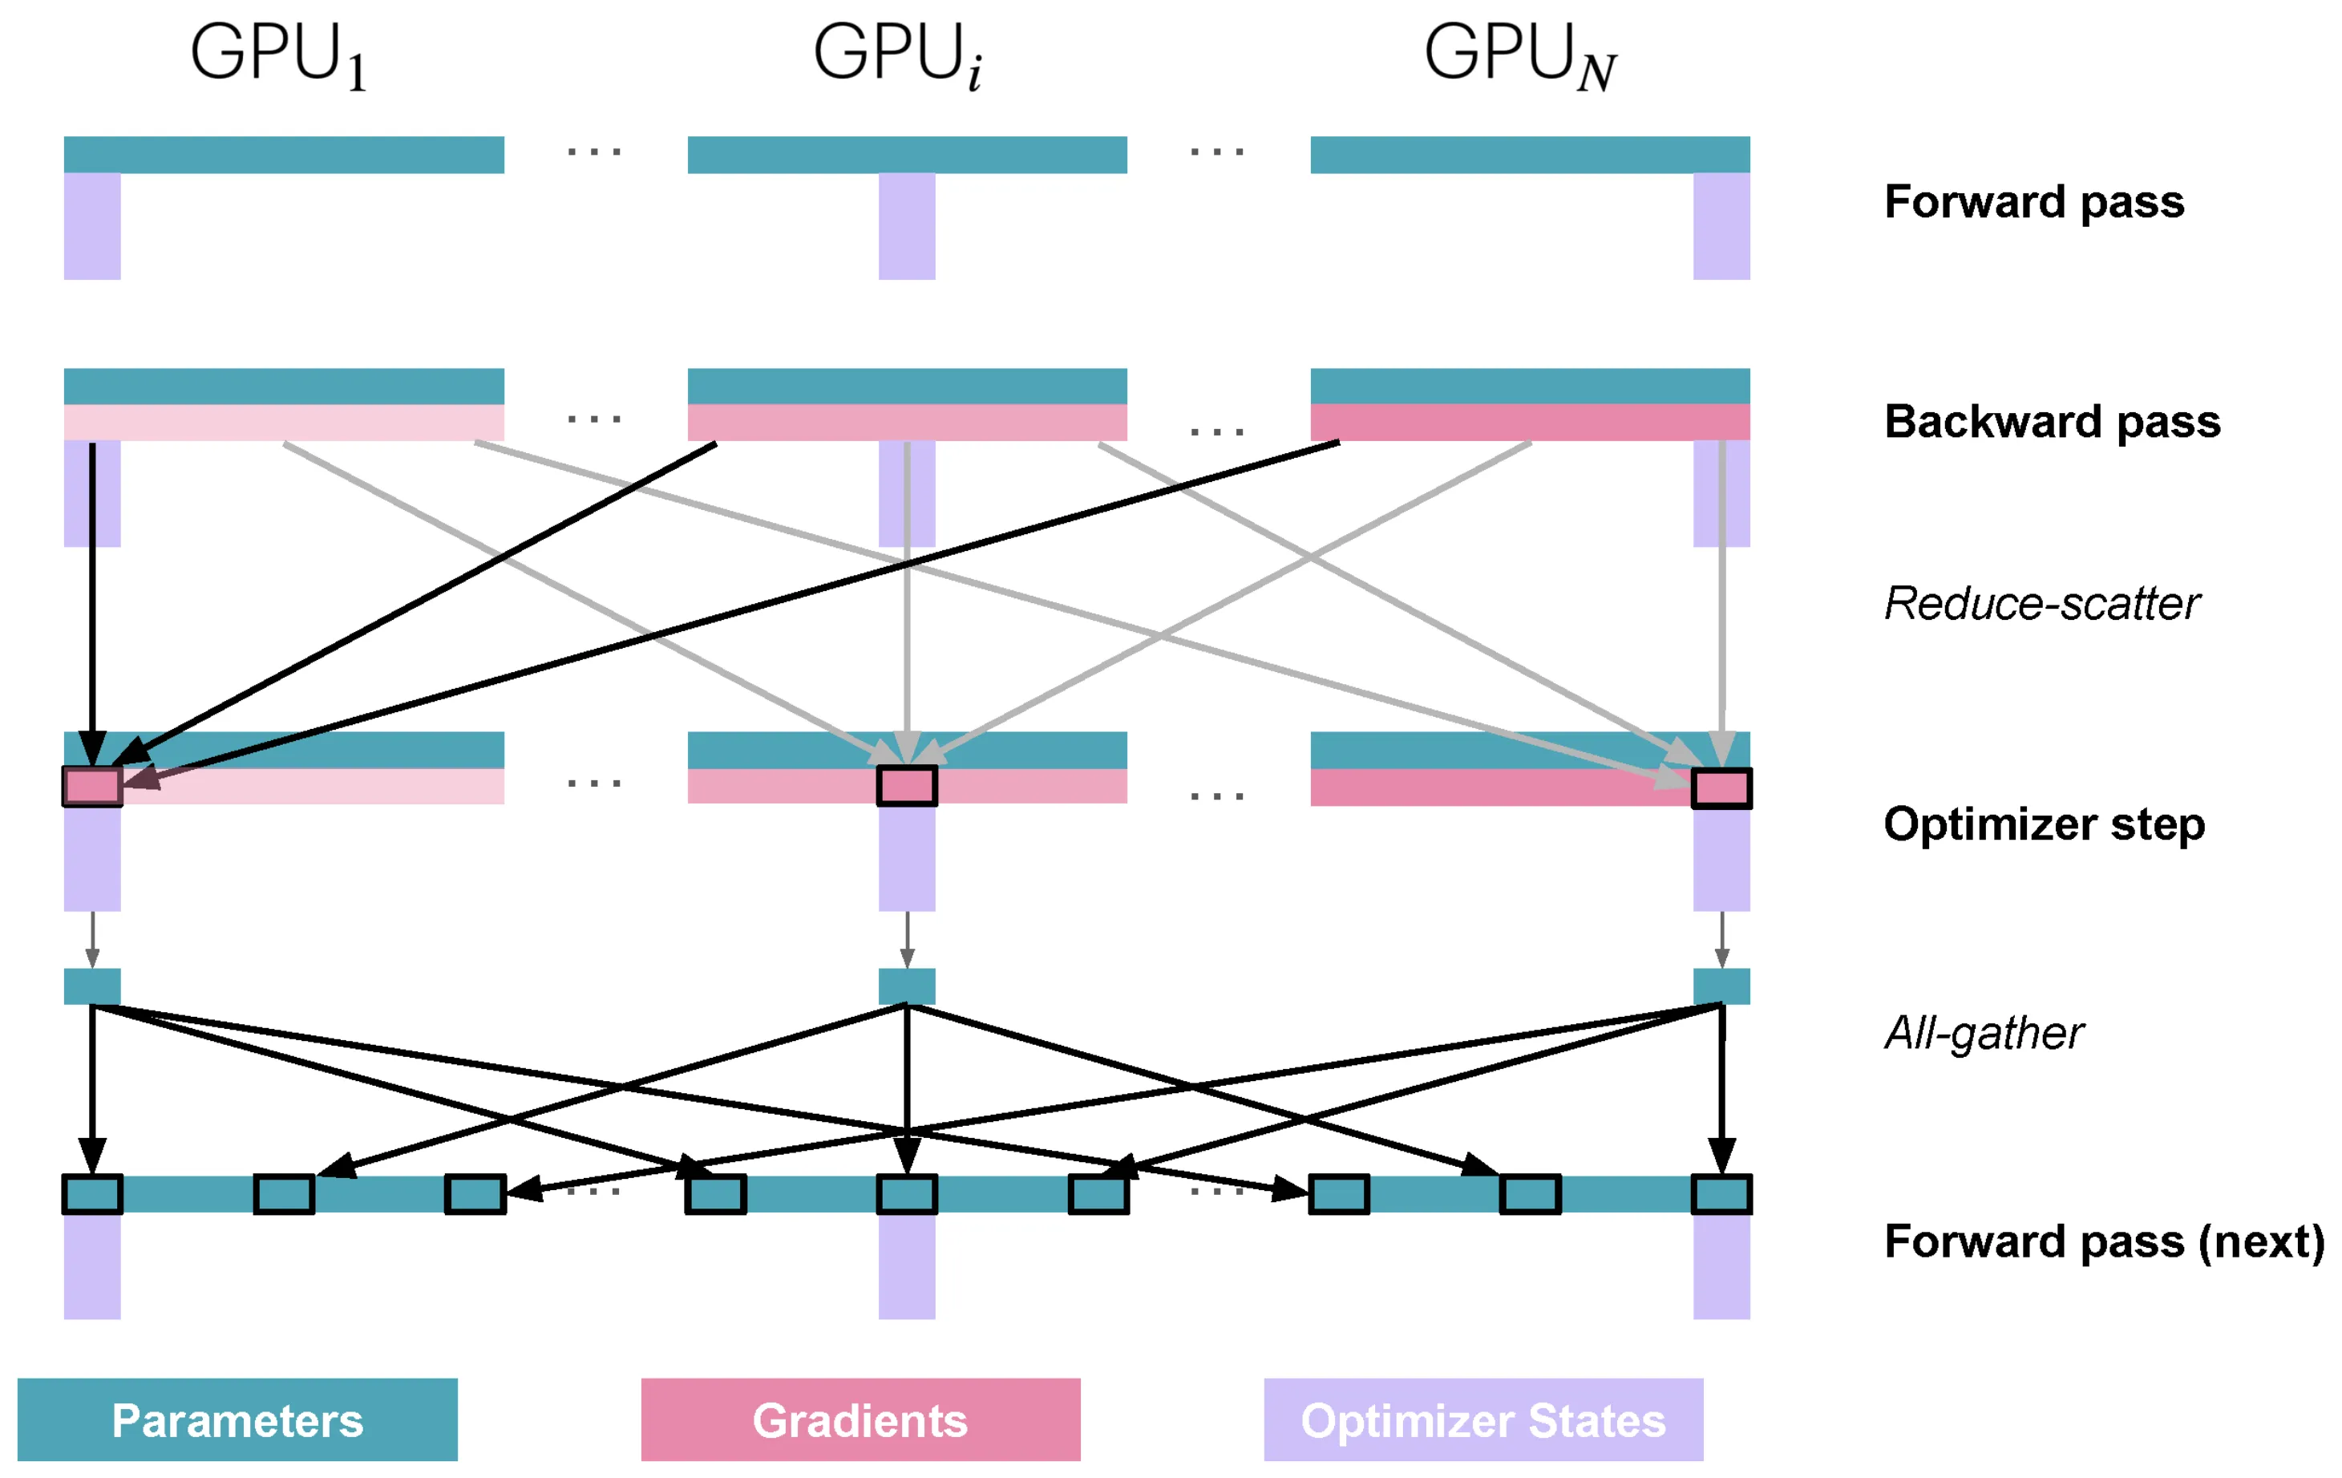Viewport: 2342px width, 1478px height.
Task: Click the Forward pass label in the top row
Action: (x=2033, y=202)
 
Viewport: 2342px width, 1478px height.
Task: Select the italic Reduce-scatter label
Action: (x=2041, y=604)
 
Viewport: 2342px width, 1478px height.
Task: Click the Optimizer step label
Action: (x=2044, y=824)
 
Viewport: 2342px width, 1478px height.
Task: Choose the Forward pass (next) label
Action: (x=2104, y=1242)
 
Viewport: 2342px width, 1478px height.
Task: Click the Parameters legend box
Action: (x=237, y=1419)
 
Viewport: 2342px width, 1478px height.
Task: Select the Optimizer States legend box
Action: (x=1483, y=1419)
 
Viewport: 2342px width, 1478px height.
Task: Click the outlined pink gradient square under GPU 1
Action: (x=92, y=786)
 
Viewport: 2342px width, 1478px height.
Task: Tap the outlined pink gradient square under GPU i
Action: (x=907, y=786)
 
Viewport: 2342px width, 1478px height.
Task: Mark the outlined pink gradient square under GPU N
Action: (x=1721, y=788)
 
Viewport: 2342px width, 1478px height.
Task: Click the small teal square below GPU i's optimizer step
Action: (x=907, y=986)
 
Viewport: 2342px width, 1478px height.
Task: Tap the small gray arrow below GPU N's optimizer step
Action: (x=1721, y=940)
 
